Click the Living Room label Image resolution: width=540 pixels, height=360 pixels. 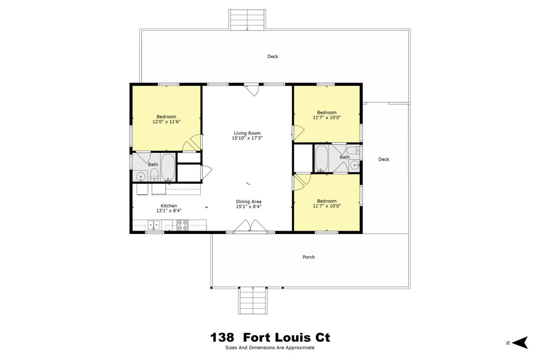tap(247, 133)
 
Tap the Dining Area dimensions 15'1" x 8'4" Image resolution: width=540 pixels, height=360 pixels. tap(248, 207)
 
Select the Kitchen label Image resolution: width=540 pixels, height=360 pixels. tap(169, 206)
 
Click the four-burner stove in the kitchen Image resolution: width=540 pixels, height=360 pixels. tap(183, 225)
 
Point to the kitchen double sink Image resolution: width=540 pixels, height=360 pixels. tap(153, 225)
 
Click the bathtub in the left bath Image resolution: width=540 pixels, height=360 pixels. tap(168, 167)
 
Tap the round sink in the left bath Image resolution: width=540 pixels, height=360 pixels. tap(140, 177)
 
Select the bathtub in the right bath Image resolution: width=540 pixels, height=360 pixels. tap(322, 158)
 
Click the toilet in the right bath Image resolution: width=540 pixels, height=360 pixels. tap(353, 150)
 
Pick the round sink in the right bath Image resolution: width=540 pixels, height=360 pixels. tap(355, 166)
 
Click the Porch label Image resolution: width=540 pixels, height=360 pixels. tap(309, 257)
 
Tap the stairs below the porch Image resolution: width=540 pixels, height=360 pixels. tap(253, 301)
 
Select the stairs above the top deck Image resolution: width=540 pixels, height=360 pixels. tap(247, 20)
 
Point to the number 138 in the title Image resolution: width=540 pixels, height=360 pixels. tap(222, 337)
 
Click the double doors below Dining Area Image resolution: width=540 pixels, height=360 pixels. tap(251, 226)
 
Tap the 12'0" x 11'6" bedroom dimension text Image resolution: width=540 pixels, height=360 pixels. tap(166, 122)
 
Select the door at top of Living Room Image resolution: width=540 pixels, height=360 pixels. tap(252, 90)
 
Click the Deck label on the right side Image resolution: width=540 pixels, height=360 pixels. tap(384, 159)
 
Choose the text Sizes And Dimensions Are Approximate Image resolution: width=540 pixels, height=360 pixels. tap(270, 348)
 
